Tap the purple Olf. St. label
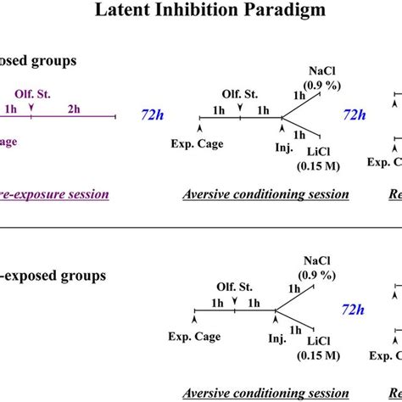[29, 95]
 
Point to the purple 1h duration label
[10, 108]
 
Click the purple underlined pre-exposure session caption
[54, 194]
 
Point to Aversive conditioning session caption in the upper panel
[265, 194]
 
